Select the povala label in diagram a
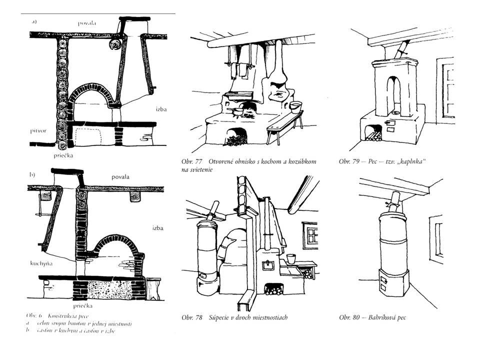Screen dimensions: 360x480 pos(87,22)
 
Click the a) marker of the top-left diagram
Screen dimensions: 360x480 pos(33,21)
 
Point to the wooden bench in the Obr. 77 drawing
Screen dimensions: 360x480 pos(283,122)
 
